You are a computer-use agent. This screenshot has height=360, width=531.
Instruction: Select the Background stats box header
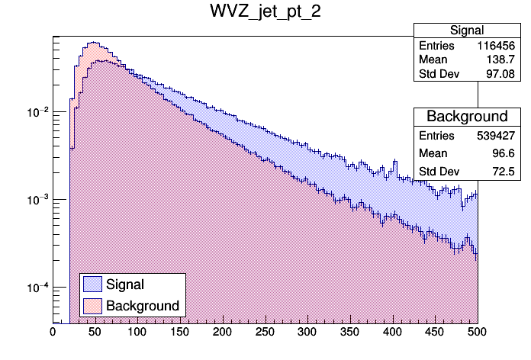tap(467, 117)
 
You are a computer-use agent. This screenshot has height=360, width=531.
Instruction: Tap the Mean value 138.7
tap(504, 60)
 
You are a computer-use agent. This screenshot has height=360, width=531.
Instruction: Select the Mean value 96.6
tap(506, 153)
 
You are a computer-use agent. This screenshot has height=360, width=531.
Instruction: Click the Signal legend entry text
tap(126, 284)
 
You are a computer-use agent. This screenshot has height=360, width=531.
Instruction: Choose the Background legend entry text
tap(143, 306)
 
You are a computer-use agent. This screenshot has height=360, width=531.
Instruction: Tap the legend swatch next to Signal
tap(92, 284)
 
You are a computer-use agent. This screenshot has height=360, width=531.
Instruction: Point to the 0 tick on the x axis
tap(53, 333)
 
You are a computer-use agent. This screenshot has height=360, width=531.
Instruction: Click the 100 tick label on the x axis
tap(137, 333)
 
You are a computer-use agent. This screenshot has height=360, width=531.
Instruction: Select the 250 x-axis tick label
tap(265, 333)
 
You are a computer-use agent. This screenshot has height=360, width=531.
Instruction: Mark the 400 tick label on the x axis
tap(392, 333)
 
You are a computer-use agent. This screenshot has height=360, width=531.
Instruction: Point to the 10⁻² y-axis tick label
tap(37, 112)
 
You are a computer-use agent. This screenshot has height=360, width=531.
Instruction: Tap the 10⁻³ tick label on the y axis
tap(37, 200)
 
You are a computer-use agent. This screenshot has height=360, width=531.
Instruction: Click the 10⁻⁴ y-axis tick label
tap(37, 288)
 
